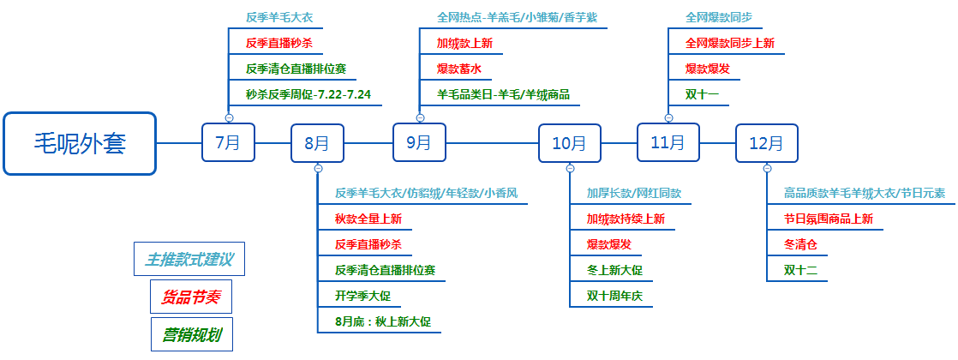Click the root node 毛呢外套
click(x=80, y=144)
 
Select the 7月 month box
click(x=229, y=142)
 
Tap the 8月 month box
click(x=317, y=143)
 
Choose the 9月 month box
click(x=419, y=142)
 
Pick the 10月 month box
click(x=570, y=143)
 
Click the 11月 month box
click(x=668, y=142)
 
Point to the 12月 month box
click(x=767, y=143)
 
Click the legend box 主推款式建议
click(x=189, y=259)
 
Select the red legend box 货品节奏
click(x=191, y=297)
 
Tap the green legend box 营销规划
click(x=192, y=334)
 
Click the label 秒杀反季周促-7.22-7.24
click(x=308, y=95)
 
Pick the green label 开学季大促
click(x=363, y=296)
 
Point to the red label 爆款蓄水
click(x=458, y=69)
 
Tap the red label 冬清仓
click(x=800, y=244)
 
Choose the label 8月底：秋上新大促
click(x=383, y=321)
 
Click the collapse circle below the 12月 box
click(x=768, y=169)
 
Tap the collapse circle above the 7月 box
click(x=229, y=117)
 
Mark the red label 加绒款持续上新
click(x=626, y=219)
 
